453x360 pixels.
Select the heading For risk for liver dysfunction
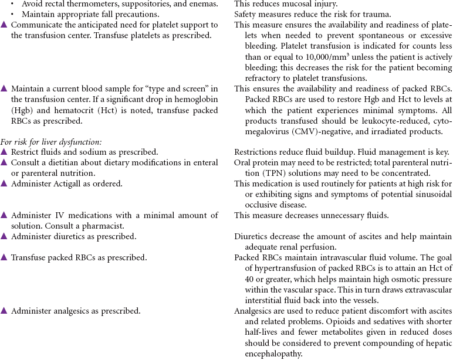pyautogui.click(x=51, y=142)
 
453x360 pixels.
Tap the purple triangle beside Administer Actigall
pyautogui.click(x=4, y=184)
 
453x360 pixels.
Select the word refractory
pyautogui.click(x=263, y=78)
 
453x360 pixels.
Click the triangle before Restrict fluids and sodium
pyautogui.click(x=4, y=152)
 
